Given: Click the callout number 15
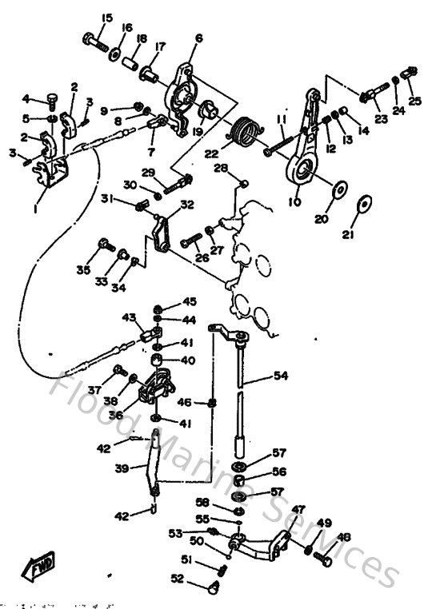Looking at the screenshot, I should tap(107, 18).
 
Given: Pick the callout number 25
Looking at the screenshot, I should tap(414, 101).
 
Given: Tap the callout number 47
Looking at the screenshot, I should tap(298, 509).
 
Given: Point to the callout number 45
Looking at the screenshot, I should tap(189, 301).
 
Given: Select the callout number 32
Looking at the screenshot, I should tap(186, 205).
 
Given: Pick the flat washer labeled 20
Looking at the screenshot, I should tap(339, 190).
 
